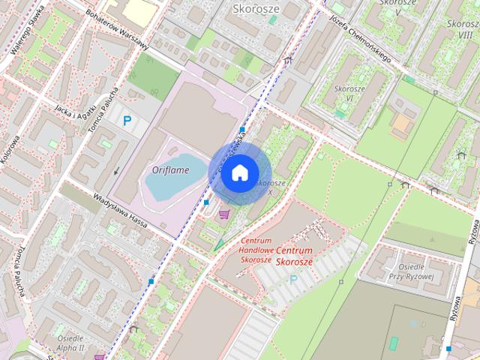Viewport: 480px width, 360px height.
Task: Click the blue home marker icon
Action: point(238,173)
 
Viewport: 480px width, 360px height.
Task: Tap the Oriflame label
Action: point(170,170)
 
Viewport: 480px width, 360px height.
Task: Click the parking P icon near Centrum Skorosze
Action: point(293,280)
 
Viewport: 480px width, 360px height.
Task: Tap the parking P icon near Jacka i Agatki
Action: point(127,120)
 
